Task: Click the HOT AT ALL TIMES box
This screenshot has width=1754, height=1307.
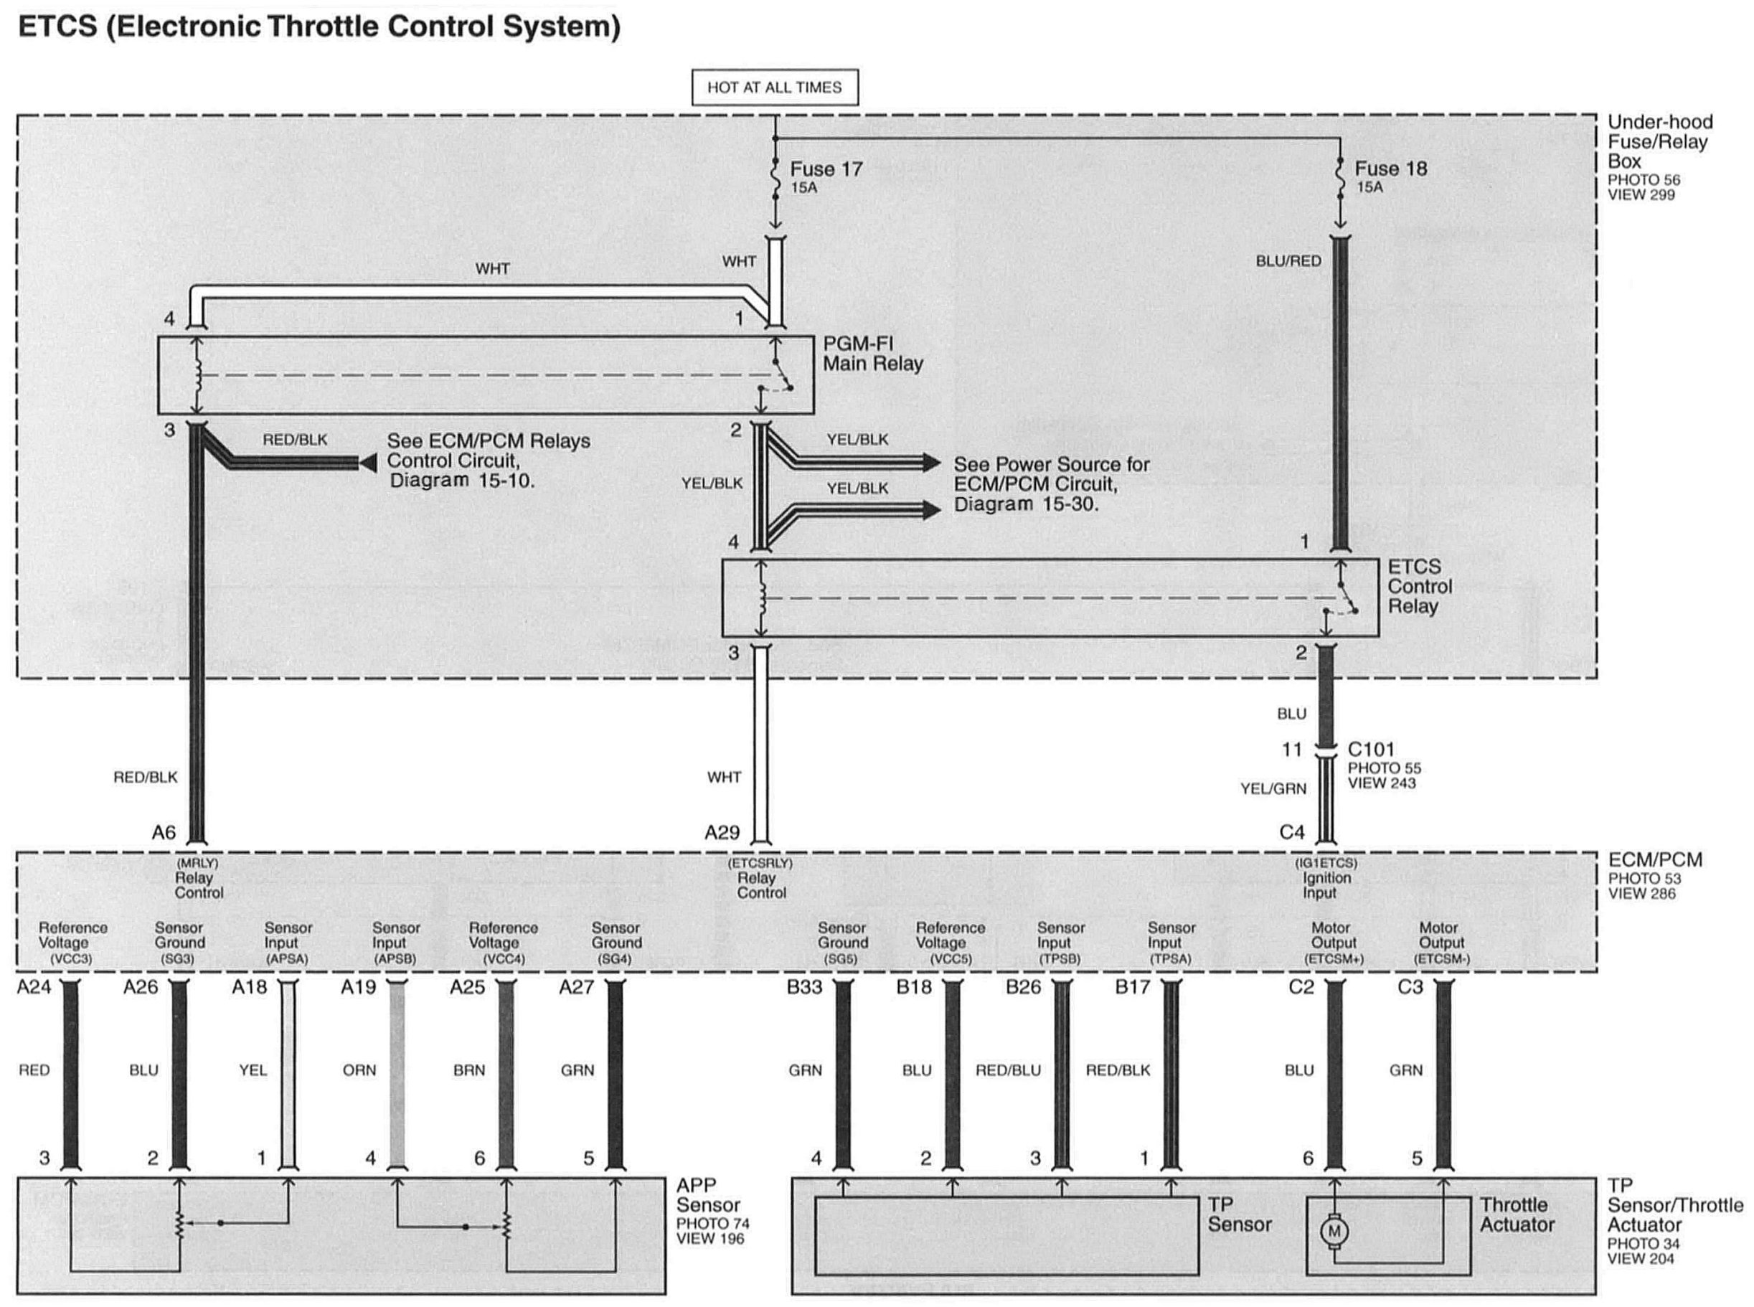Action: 774,87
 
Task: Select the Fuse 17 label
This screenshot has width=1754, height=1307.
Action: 825,169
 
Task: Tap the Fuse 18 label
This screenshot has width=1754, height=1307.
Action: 1390,169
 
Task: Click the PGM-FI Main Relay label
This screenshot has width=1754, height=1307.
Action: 872,354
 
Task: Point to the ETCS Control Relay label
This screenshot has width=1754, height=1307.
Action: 1419,586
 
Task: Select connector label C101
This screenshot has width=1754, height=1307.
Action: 1371,749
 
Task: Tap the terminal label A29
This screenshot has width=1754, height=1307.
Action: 722,832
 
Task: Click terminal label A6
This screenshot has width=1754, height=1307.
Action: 164,832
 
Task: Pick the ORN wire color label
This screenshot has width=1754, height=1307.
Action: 359,1070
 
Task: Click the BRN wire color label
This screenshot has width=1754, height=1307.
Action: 469,1070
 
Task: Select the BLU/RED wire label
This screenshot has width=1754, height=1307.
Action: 1288,261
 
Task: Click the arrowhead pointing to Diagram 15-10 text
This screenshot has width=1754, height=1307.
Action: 368,463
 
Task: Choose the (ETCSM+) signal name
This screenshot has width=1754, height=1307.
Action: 1334,959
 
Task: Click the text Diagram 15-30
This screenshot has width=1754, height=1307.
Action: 1026,504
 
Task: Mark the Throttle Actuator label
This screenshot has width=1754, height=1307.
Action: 1517,1214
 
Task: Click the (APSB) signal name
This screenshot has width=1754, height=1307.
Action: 394,959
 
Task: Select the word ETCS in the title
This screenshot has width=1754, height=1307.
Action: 57,27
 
